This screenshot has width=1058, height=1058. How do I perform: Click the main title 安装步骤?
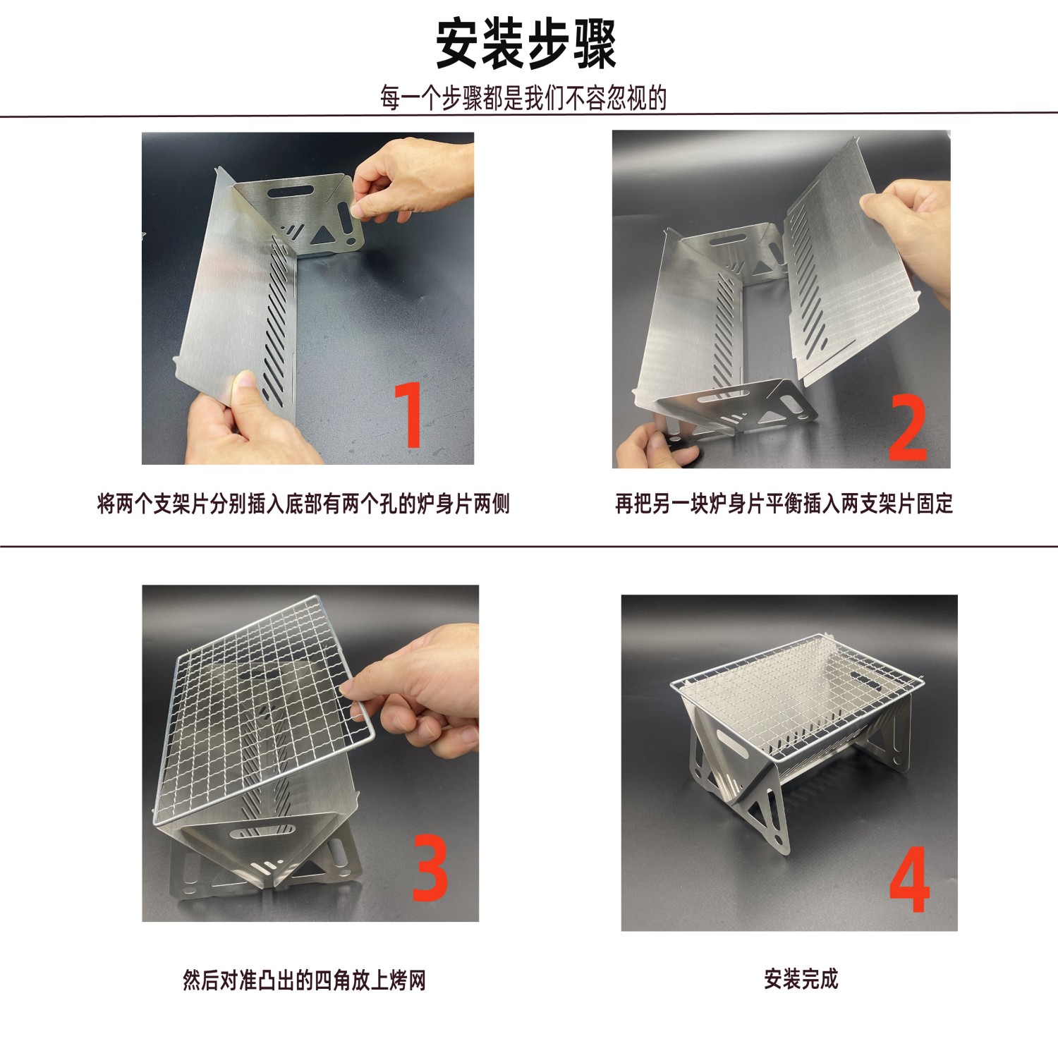pos(525,44)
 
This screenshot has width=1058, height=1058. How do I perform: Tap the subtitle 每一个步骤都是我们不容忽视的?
pos(523,98)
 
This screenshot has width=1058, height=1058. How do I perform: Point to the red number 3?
pos(430,868)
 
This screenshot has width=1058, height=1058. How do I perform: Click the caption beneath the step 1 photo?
pos(303,504)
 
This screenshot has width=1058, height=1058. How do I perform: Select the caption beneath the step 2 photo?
pos(784,504)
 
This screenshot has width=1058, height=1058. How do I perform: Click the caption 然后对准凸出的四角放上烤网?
pos(304,980)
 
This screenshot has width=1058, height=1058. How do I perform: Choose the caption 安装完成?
pos(801,978)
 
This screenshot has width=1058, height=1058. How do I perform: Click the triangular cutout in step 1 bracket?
pos(324,234)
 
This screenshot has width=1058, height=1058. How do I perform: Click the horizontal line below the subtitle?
pos(529,114)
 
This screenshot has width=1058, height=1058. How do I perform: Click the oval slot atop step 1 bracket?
pos(288,191)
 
